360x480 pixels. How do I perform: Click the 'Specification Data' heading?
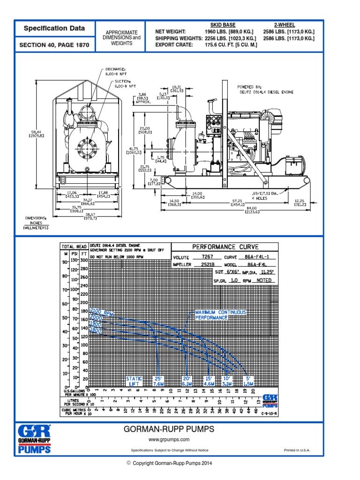pos(54,29)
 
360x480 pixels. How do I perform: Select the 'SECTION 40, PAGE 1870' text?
pos(54,45)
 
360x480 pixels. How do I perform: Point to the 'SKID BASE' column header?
pos(223,25)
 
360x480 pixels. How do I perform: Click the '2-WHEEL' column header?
pos(285,25)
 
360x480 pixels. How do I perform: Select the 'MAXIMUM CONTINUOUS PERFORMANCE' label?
pos(211,315)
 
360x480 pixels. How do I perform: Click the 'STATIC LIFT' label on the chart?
pos(135,381)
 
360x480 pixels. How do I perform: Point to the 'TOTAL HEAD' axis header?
pos(74,247)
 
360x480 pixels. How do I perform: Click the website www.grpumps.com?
pos(169,439)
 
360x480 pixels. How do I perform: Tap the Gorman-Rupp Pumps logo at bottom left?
pos(34,439)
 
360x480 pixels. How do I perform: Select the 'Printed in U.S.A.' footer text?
pos(297,450)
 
